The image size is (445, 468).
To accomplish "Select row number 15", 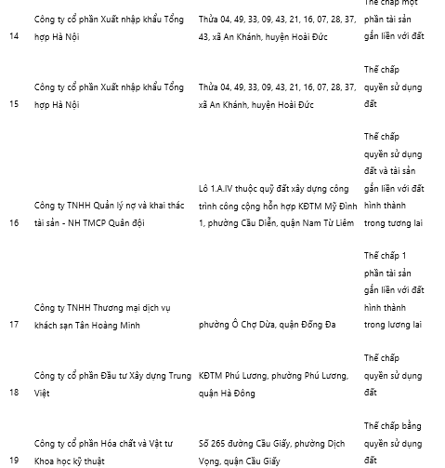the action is (14, 104).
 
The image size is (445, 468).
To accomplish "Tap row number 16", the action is (14, 223).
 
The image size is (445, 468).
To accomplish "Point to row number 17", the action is (14, 324).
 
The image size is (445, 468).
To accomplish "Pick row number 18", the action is (14, 393).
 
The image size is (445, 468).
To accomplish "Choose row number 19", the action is (14, 460).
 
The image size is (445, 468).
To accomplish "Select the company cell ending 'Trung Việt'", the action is (111, 384).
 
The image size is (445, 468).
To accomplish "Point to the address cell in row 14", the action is (277, 27).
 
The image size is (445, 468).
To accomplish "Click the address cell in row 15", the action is (277, 96).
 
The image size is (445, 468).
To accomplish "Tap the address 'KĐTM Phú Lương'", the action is (273, 384).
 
